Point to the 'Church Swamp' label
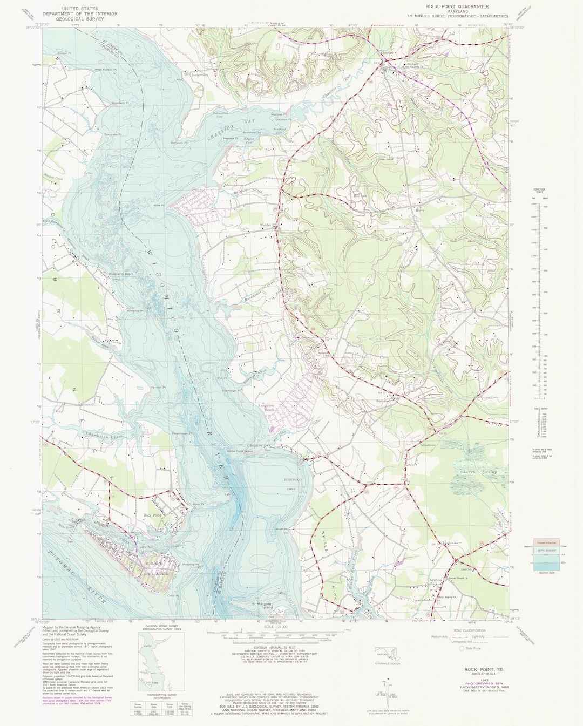[x=477, y=472]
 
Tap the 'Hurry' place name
[x=421, y=211]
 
